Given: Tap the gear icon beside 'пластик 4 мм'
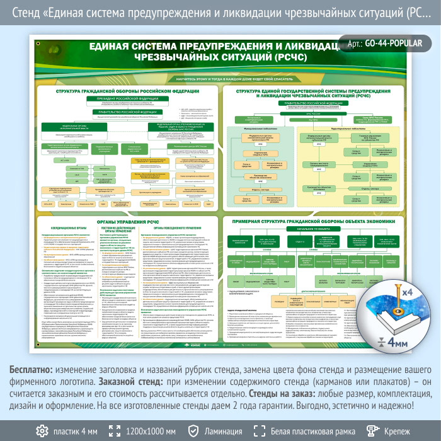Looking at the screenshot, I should (x=42, y=431).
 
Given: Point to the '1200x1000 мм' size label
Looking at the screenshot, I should (x=151, y=432).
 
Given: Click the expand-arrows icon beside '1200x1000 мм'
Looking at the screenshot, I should (x=115, y=431).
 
